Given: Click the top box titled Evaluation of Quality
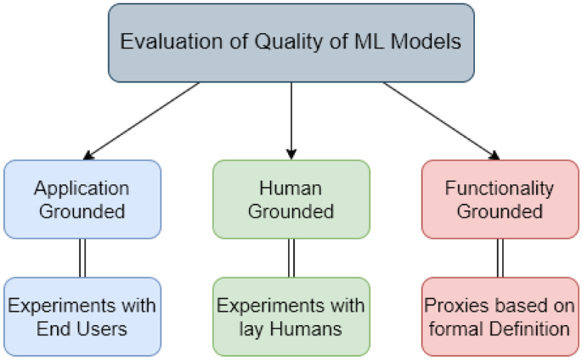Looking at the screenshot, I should [291, 42].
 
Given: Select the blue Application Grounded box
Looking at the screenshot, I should [82, 199].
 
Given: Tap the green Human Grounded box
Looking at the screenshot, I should [291, 199].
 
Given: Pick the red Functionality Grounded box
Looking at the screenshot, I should [500, 199].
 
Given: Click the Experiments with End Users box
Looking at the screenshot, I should [82, 315].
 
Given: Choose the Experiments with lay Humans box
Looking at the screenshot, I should [291, 315].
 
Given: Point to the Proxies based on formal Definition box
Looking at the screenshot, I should [500, 315].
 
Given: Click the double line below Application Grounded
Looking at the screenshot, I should [82, 257].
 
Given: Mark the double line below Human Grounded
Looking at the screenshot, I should [291, 257].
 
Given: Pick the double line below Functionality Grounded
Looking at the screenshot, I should [500, 257].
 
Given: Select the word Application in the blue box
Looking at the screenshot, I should [82, 188].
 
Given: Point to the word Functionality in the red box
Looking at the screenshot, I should [500, 188].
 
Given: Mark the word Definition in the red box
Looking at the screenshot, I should [528, 327].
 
